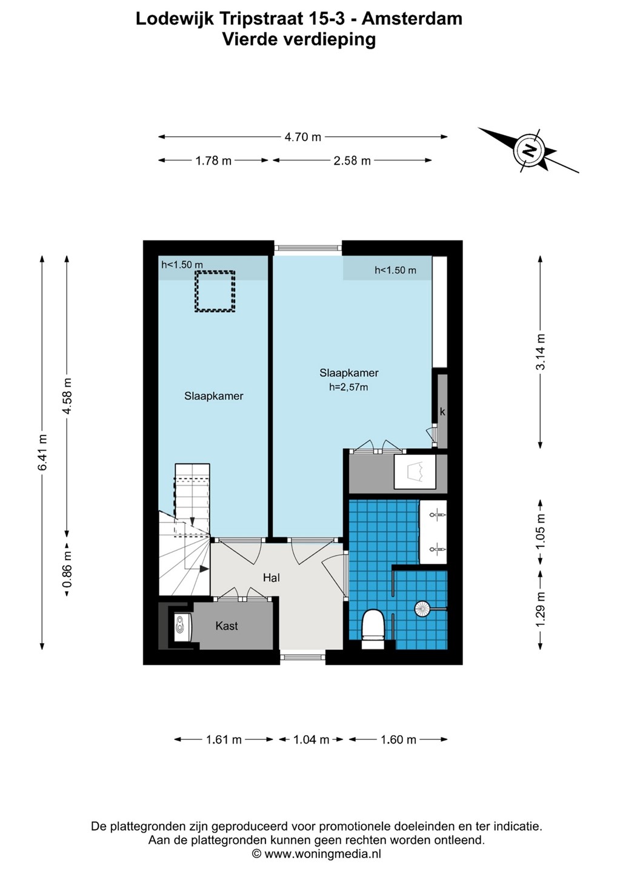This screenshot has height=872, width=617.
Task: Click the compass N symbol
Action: coord(529,150)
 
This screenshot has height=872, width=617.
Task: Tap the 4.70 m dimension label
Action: coord(302,137)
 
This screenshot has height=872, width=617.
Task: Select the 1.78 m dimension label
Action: coord(213,160)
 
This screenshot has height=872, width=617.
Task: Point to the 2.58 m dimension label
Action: coord(352,160)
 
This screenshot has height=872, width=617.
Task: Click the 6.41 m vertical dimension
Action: coord(42,452)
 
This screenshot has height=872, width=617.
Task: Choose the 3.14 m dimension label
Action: coord(540,352)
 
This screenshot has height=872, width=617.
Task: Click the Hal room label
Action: coord(272,578)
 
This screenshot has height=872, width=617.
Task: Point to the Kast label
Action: coord(226,626)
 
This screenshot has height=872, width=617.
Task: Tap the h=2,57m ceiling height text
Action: coord(349,387)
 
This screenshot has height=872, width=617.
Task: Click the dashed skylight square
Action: coord(215,291)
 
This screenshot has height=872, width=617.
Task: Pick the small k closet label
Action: coord(442,412)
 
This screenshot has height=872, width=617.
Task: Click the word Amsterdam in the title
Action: coord(412,19)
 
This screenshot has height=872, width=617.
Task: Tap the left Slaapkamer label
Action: coord(214,396)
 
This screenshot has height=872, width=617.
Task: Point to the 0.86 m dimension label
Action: coord(67,569)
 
